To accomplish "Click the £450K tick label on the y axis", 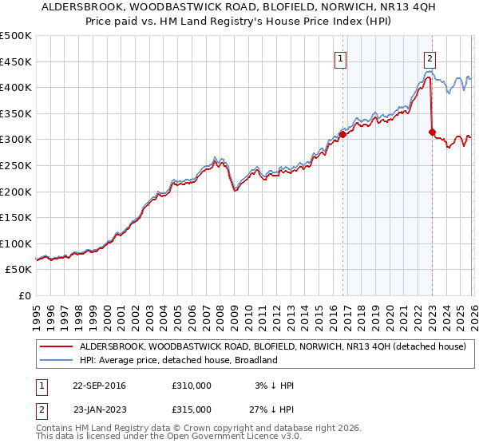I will point(16,61).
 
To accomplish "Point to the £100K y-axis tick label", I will point(16,243).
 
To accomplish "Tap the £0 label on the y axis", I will point(26,296).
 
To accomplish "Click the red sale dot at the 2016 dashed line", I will point(342,134).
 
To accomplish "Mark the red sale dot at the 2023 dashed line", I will point(432,132).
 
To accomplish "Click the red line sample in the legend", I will point(57,347).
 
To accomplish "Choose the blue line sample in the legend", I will point(57,361).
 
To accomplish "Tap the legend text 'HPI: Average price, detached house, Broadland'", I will point(177,361).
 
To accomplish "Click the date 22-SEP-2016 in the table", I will point(99,386).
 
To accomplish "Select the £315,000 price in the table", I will point(192,409).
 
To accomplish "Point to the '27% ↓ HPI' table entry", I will point(269,409).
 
